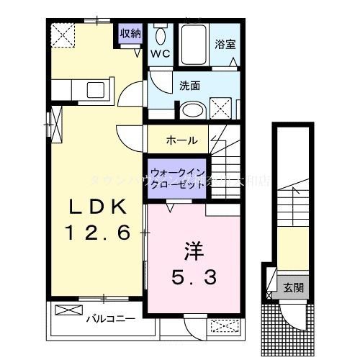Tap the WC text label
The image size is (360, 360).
[159, 53]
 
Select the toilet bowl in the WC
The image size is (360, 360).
[159, 36]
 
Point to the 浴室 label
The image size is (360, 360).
[225, 42]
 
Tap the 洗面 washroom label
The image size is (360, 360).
[189, 85]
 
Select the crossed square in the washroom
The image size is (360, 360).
[223, 109]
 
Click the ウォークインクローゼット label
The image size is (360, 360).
[176, 178]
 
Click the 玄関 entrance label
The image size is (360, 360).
[292, 287]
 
